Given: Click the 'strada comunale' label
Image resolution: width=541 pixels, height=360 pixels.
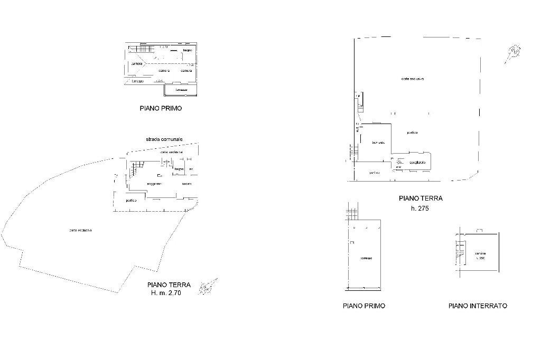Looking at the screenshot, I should click(x=164, y=139).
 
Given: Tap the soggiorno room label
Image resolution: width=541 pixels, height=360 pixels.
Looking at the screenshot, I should click(x=154, y=184).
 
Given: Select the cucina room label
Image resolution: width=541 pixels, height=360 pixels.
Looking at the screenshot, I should click(x=186, y=184).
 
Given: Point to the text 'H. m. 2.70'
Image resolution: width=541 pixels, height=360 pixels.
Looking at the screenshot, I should click(x=166, y=293).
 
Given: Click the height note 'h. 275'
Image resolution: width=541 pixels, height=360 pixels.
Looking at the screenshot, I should click(x=419, y=209).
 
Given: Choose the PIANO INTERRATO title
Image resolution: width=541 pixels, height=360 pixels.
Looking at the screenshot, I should click(x=478, y=306).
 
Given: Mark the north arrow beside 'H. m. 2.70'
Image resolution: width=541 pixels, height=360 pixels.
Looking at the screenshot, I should click(x=207, y=287).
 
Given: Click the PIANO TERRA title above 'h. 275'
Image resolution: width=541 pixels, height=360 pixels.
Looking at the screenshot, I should click(x=421, y=198).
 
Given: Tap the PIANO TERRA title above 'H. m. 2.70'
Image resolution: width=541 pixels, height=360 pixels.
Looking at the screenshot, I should click(x=169, y=285).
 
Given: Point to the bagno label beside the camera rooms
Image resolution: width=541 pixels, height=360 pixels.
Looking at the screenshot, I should click(x=188, y=50).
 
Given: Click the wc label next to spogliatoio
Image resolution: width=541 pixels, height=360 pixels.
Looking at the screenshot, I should click(x=398, y=167).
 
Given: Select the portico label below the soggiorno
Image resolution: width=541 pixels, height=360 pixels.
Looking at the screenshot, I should click(x=131, y=201).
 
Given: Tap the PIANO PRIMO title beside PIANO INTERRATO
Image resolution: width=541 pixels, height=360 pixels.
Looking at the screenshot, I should click(x=364, y=306).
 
